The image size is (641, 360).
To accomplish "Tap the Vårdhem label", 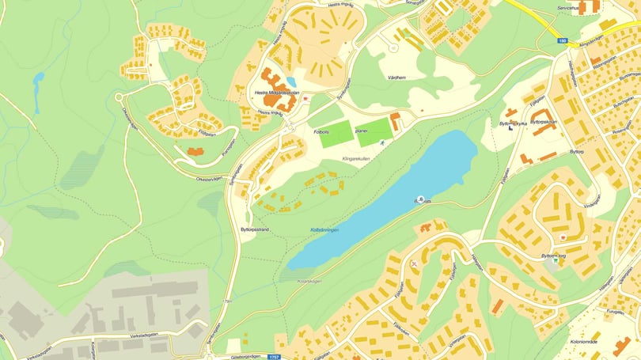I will [x=396, y=78].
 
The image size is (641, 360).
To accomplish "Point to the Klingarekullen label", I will [x=356, y=159].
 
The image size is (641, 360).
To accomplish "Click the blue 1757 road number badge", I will [x=275, y=357].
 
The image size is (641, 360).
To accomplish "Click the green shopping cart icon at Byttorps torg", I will [x=555, y=260].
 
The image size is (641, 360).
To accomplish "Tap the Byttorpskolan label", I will [x=543, y=122].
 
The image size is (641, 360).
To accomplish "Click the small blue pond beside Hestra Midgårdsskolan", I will [x=291, y=81].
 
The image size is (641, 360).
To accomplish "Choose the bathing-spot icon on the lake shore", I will [x=420, y=198].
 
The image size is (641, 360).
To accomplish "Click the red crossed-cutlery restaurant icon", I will [x=415, y=262].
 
